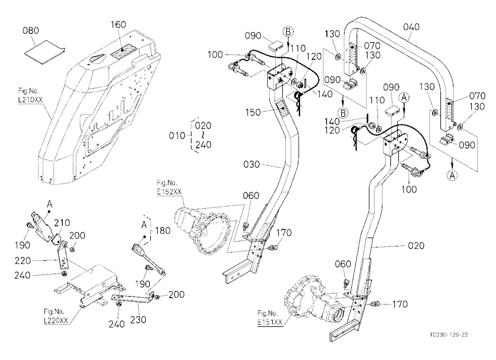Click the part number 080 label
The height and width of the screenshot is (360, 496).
click(x=31, y=31)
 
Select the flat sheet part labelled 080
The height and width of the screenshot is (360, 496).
click(x=45, y=52)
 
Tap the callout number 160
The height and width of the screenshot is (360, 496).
click(x=119, y=25)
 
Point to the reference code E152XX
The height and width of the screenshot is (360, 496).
click(x=169, y=191)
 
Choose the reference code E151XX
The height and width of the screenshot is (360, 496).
click(x=269, y=322)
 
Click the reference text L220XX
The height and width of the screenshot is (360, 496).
click(x=56, y=320)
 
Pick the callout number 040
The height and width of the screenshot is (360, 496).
click(x=411, y=27)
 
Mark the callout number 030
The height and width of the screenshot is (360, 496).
click(x=251, y=165)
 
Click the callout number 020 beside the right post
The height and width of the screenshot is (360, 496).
click(x=416, y=245)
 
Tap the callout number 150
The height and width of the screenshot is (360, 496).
click(x=253, y=112)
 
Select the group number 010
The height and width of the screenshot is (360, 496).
click(x=177, y=136)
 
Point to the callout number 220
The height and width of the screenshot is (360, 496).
click(x=23, y=261)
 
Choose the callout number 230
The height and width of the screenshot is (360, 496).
click(x=138, y=319)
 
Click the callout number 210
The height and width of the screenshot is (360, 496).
click(x=62, y=223)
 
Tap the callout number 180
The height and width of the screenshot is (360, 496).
click(x=163, y=231)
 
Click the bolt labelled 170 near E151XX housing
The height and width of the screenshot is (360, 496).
click(x=377, y=304)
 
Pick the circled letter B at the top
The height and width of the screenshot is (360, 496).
click(x=288, y=32)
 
